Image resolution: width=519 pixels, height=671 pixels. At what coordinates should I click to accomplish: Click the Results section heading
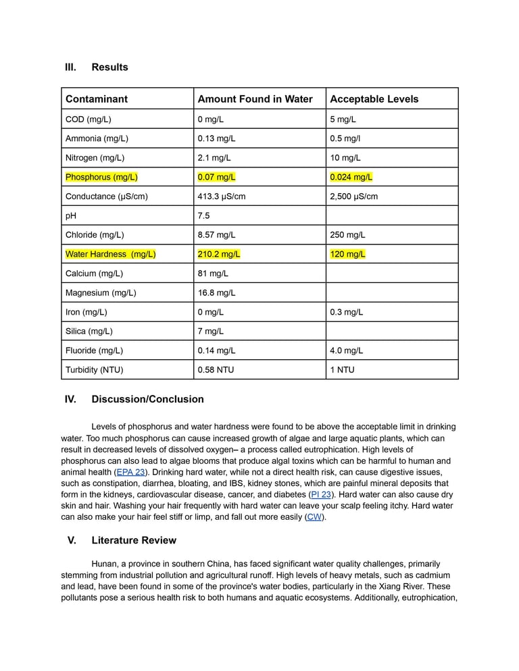[109, 68]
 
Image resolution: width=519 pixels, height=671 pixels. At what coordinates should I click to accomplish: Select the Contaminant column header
[97, 99]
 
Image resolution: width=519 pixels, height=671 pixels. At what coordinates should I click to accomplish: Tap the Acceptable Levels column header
[374, 99]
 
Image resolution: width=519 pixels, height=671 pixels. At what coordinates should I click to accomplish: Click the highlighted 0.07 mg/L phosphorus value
[216, 178]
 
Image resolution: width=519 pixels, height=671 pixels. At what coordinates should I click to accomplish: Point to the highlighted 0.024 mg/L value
[351, 178]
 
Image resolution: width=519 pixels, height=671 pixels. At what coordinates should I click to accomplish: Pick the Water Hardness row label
[110, 254]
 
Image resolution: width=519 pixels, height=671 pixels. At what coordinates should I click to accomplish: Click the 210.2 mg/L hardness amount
[219, 254]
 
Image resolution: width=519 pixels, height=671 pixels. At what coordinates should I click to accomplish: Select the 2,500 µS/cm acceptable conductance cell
[353, 197]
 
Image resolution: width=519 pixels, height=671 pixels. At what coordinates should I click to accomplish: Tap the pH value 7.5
[203, 216]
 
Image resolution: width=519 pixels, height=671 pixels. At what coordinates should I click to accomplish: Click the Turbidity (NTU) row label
[94, 370]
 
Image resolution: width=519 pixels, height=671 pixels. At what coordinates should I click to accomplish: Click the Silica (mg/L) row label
[89, 331]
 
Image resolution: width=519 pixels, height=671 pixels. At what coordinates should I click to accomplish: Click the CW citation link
[314, 517]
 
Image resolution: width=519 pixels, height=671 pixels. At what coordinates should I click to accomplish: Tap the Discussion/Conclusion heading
[147, 400]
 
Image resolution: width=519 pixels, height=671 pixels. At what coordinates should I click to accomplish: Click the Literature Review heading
[134, 541]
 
